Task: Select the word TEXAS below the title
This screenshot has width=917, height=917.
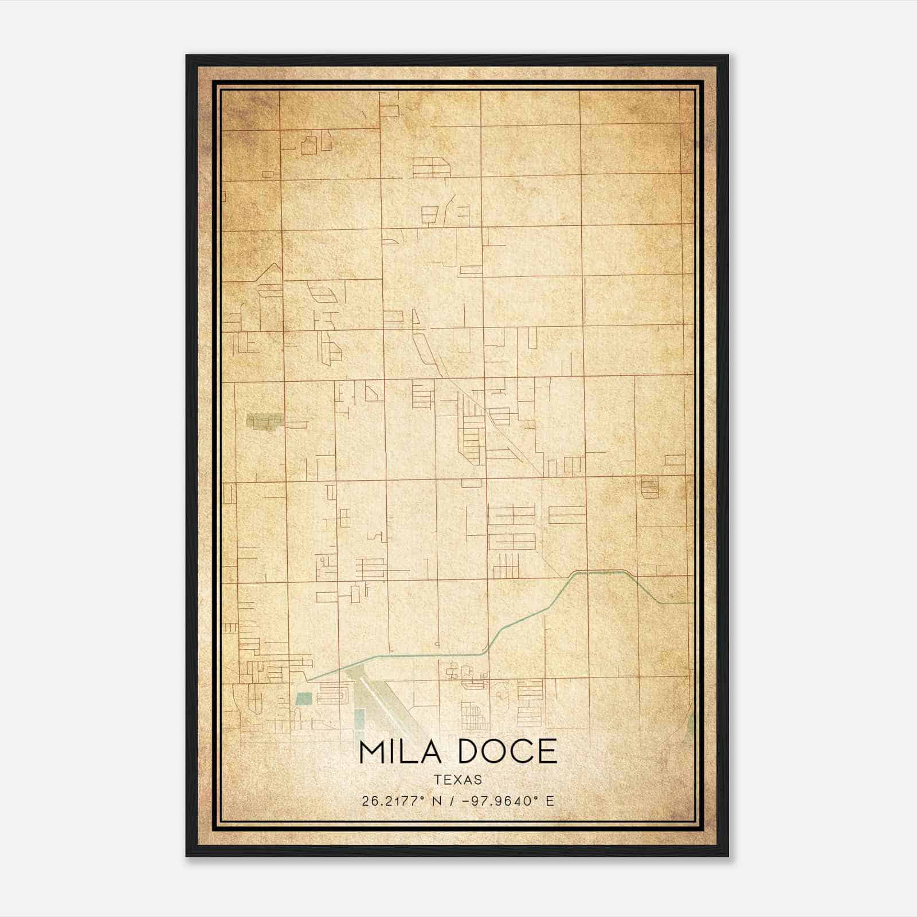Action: [458, 779]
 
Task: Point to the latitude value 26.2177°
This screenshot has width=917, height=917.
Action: [391, 801]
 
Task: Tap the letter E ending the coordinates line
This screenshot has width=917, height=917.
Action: [550, 801]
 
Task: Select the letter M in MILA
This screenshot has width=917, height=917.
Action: [371, 751]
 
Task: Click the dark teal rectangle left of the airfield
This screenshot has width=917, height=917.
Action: [304, 699]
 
